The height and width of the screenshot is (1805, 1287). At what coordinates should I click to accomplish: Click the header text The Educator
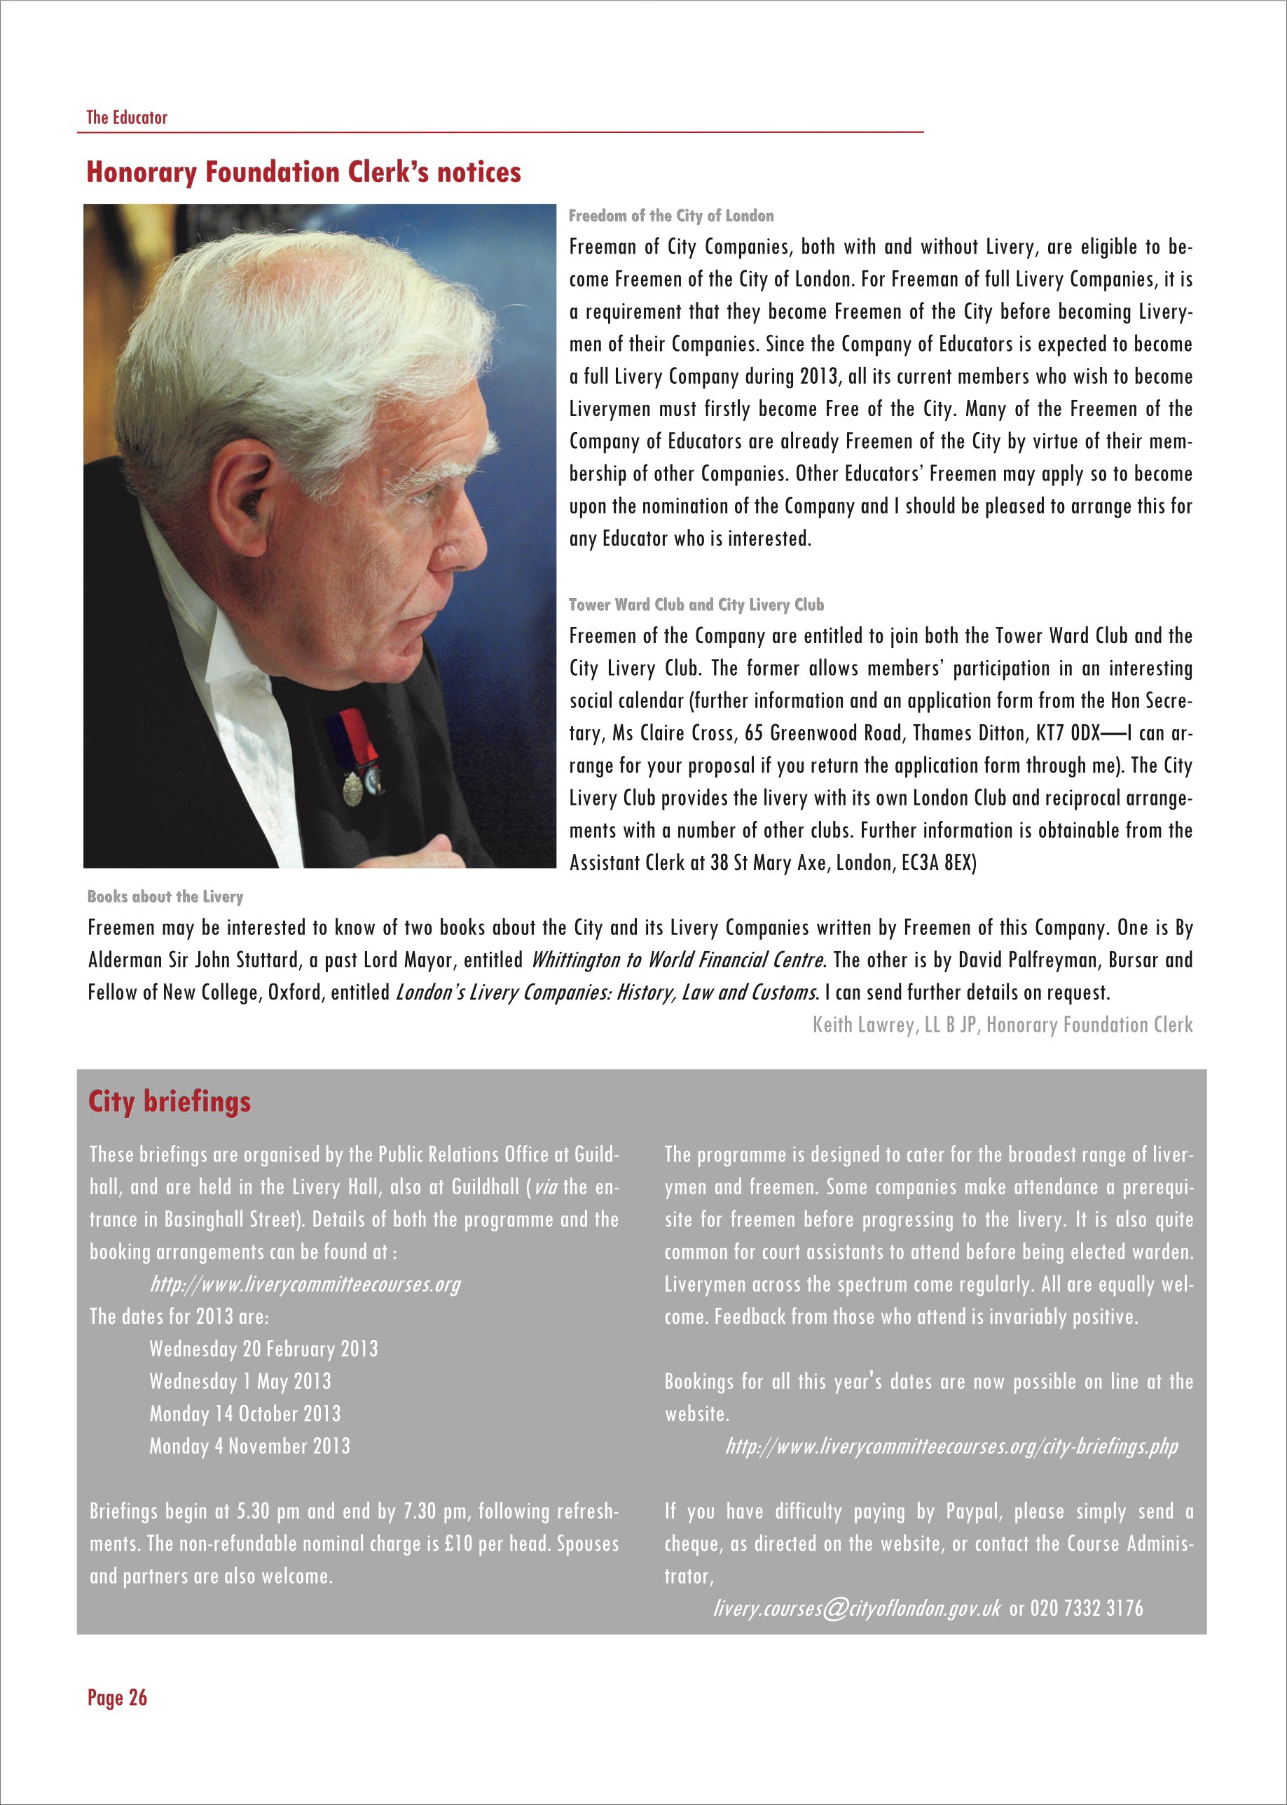click(127, 117)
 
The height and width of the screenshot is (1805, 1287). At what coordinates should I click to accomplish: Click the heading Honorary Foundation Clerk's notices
click(303, 172)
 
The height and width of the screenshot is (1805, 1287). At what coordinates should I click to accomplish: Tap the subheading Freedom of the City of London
click(670, 216)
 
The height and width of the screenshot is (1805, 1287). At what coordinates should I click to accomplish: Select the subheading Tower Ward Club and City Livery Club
click(696, 604)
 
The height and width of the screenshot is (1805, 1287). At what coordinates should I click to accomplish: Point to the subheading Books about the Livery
click(165, 896)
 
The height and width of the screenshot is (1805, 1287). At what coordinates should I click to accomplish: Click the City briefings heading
click(169, 1100)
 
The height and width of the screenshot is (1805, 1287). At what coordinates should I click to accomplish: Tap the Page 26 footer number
click(117, 1697)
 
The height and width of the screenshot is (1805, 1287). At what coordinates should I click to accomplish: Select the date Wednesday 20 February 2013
click(263, 1348)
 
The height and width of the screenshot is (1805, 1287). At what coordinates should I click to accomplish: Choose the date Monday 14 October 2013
click(245, 1413)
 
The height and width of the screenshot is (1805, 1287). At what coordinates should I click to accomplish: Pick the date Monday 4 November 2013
click(249, 1446)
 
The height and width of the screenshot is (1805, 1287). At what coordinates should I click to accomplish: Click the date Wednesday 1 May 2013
click(240, 1381)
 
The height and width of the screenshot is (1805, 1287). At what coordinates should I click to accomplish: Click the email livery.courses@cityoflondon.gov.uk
click(857, 1608)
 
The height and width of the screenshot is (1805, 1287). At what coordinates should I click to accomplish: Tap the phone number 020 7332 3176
click(1087, 1608)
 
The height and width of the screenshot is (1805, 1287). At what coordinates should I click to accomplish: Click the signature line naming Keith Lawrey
click(1002, 1025)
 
